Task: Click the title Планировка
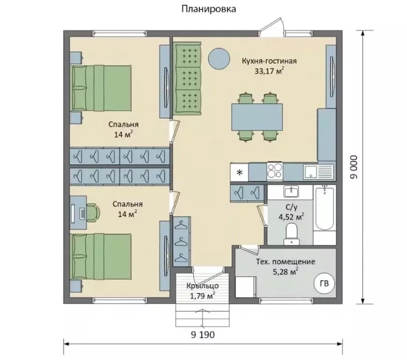[209, 9]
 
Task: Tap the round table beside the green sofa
[219, 59]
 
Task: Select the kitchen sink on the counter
[318, 172]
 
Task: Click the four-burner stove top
[275, 171]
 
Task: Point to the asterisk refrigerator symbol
[240, 172]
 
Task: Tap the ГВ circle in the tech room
[324, 284]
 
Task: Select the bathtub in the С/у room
[325, 208]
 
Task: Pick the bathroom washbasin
[291, 192]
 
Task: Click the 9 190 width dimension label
[203, 335]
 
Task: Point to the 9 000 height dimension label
[354, 167]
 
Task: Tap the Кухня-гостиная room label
[269, 61]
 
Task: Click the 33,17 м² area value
[269, 71]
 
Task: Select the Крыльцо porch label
[202, 286]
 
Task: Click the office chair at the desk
[93, 213]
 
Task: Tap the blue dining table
[257, 117]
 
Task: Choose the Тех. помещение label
[286, 262]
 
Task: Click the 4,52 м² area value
[291, 217]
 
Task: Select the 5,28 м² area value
[285, 272]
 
